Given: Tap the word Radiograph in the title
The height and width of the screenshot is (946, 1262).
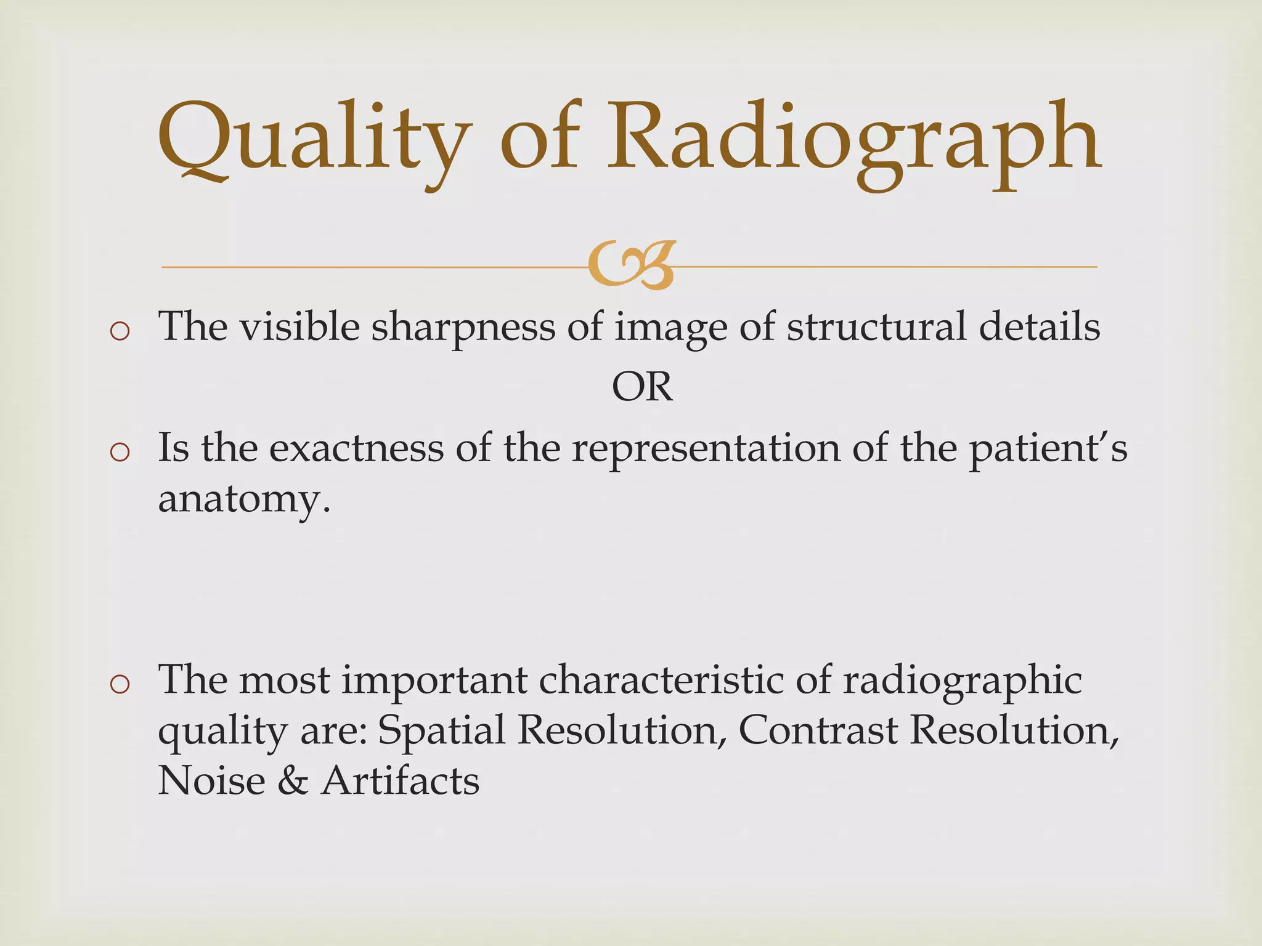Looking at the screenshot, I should tap(853, 139).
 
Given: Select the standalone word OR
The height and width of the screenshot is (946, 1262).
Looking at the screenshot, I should tap(642, 387).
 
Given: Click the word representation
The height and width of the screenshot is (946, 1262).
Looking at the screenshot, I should tap(706, 449).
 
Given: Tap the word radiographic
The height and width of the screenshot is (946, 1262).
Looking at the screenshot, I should tap(961, 681).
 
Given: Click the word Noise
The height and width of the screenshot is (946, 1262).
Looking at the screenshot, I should tap(211, 780).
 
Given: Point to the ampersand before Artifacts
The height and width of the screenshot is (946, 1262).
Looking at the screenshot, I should tap(292, 780).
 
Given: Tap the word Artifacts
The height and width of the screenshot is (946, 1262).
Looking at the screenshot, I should tap(400, 780).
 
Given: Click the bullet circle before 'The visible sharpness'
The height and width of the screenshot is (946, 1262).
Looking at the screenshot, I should tap(119, 331).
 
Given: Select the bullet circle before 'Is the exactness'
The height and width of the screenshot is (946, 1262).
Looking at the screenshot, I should tap(119, 453).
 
